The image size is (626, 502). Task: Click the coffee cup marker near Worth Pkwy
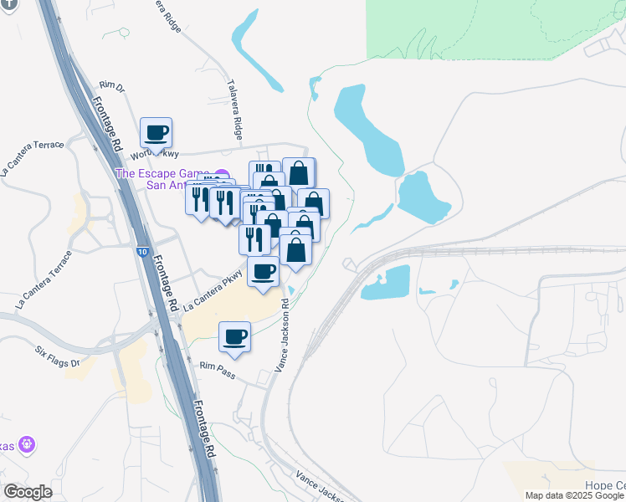pos(156,132)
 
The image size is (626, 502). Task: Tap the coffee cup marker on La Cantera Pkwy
pos(263,271)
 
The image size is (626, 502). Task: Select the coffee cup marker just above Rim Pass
pos(234,336)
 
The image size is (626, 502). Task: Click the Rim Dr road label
pos(110,85)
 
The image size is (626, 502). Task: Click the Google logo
pos(28,492)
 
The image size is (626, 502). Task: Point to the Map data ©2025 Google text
pos(574,495)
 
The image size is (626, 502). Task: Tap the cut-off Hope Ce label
pos(604,485)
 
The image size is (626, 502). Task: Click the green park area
pos(494,29)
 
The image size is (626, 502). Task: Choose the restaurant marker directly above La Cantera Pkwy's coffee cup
pos(254,239)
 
